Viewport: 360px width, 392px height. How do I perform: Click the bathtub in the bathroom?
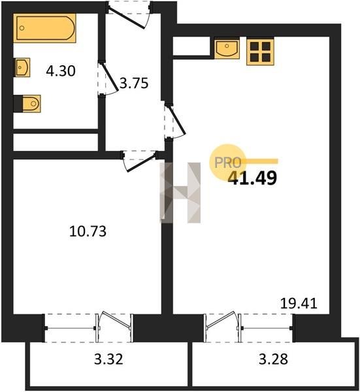44,28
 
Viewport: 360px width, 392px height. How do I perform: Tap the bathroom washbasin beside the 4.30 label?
22,67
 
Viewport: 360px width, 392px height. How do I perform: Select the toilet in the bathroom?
27,103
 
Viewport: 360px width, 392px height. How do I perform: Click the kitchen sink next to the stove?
227,48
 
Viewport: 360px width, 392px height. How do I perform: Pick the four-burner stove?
260,52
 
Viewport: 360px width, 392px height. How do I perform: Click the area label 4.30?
61,71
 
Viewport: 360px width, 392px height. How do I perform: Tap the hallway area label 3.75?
134,83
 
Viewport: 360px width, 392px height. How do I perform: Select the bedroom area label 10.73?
88,231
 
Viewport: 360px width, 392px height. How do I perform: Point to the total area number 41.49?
253,178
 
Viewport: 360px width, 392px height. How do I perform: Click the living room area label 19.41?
299,304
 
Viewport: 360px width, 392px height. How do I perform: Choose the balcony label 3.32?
108,359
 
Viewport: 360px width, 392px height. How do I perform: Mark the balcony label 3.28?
273,359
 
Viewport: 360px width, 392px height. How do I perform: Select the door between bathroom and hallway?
108,78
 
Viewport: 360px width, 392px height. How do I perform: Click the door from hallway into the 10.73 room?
139,161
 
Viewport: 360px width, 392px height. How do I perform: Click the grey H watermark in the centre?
180,193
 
